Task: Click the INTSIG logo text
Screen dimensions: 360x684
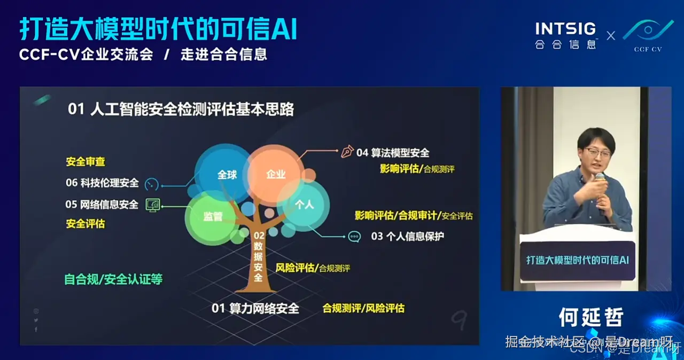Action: [565, 28]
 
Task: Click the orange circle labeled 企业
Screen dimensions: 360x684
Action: [276, 174]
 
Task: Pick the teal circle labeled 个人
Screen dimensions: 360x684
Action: [304, 204]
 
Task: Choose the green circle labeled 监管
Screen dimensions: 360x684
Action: [212, 216]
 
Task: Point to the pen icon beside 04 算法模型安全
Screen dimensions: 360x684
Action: [347, 152]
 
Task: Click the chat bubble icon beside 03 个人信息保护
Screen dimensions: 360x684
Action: [354, 236]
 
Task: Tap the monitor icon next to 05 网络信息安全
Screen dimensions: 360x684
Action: [153, 205]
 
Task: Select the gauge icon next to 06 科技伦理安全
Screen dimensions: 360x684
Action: [152, 183]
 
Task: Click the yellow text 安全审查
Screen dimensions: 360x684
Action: [85, 161]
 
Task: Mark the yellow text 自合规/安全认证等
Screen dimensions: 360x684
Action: [113, 279]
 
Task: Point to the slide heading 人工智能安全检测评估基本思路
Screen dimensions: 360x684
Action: [192, 109]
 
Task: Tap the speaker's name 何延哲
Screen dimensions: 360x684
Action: [590, 317]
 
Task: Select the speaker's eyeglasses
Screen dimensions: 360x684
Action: [597, 153]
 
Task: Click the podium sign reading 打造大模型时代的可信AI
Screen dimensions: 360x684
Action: [578, 260]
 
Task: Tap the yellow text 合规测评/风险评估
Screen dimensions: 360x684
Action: [363, 308]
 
